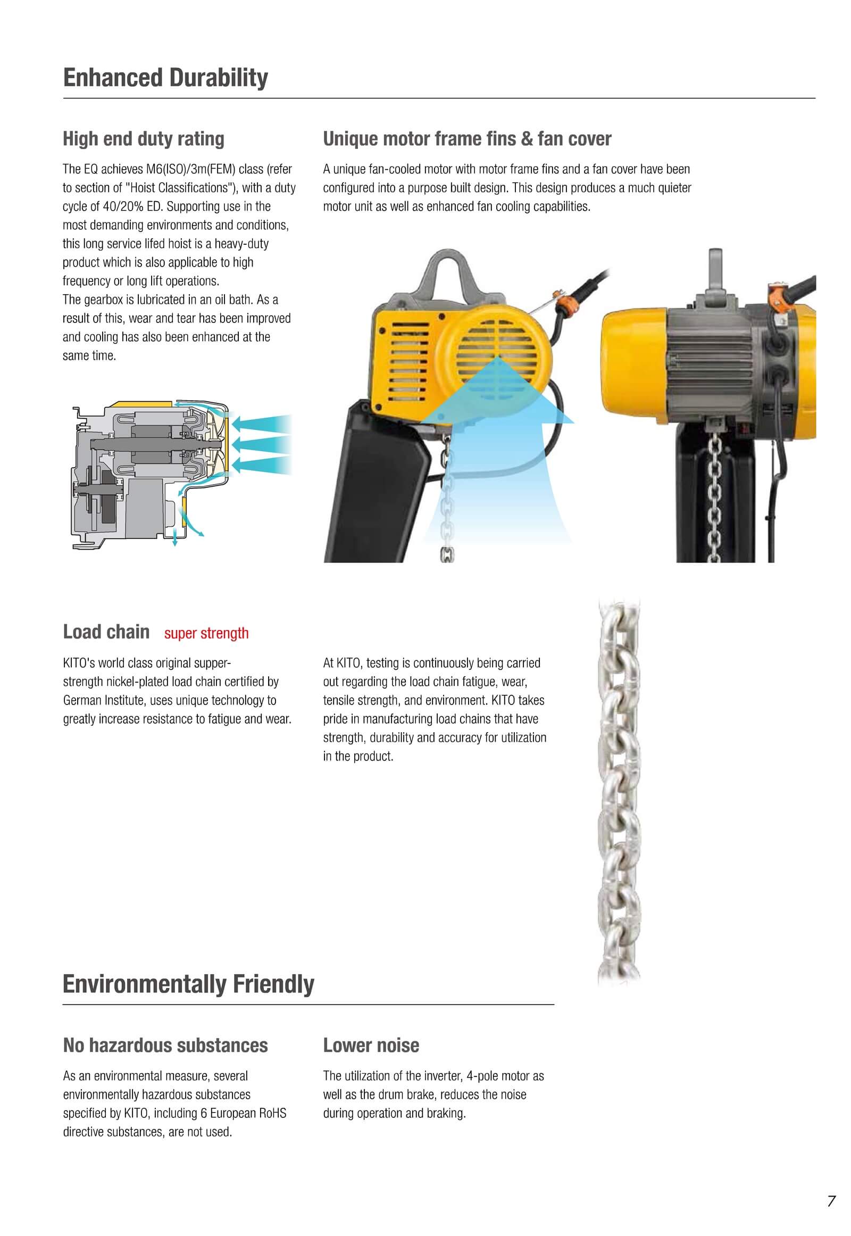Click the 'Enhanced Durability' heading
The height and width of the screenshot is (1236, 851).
[x=165, y=78]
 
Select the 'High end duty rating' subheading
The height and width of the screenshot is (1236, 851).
[x=144, y=139]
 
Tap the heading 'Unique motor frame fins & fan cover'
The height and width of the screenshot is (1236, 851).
[x=466, y=139]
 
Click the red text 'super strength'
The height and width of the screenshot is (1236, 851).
[x=206, y=633]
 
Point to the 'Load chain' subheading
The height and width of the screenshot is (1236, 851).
[x=106, y=632]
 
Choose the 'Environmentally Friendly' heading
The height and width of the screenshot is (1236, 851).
[x=188, y=984]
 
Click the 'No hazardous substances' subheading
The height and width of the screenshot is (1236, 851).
[x=165, y=1045]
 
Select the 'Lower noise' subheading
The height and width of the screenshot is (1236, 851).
[x=371, y=1045]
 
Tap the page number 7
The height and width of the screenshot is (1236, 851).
[x=831, y=1201]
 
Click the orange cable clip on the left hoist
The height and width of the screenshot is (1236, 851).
[x=564, y=305]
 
